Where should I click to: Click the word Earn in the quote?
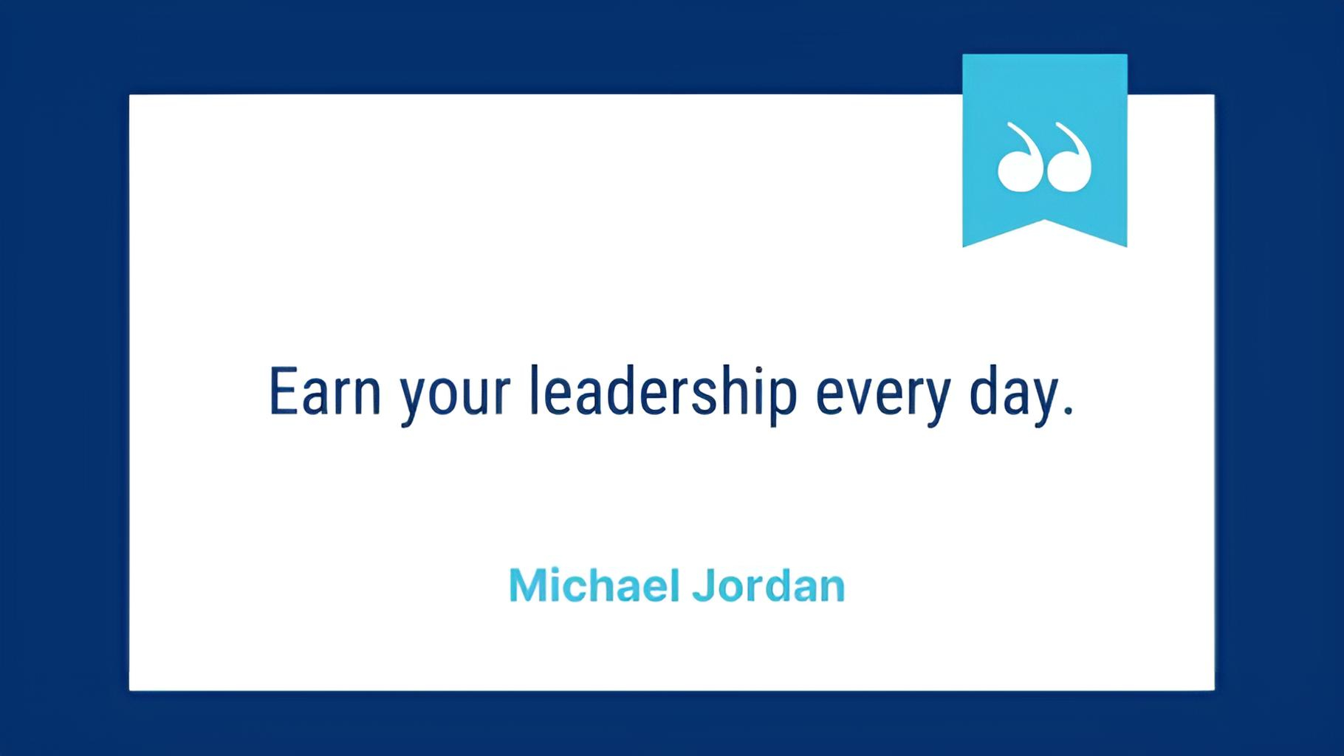pos(325,391)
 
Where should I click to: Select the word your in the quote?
pos(455,399)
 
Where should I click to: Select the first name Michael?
pos(594,585)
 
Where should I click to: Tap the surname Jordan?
pos(769,585)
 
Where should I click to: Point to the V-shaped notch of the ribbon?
pos(1045,220)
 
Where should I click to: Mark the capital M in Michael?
pos(527,585)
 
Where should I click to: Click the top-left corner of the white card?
pos(129,94)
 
